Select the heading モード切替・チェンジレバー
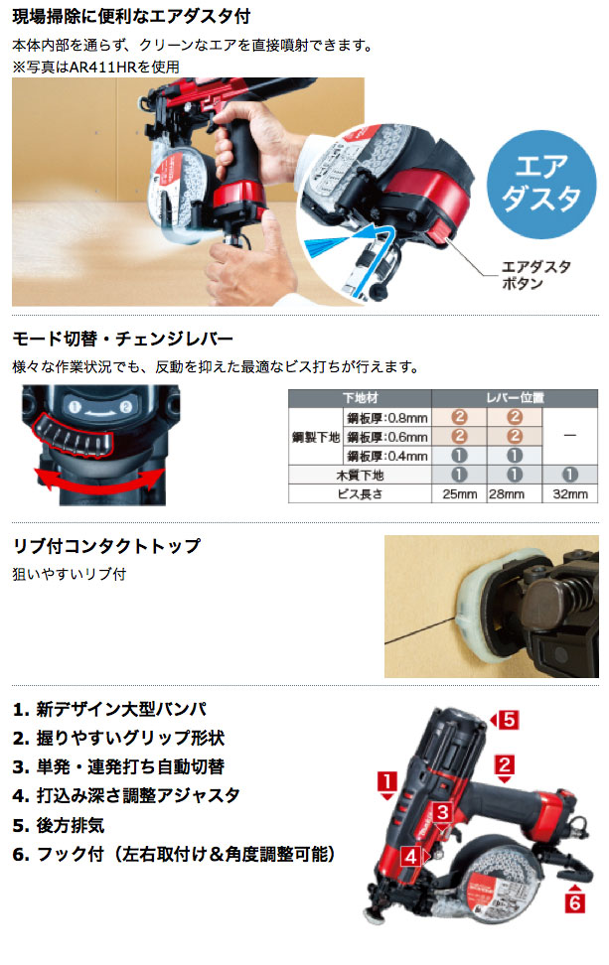click(x=123, y=339)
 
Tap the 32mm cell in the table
click(x=565, y=493)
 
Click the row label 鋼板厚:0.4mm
click(x=387, y=455)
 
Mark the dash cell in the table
click(x=565, y=436)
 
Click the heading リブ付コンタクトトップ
click(x=106, y=546)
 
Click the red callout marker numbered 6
click(x=573, y=902)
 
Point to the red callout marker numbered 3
click(x=444, y=813)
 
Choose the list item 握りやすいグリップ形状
click(x=117, y=738)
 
